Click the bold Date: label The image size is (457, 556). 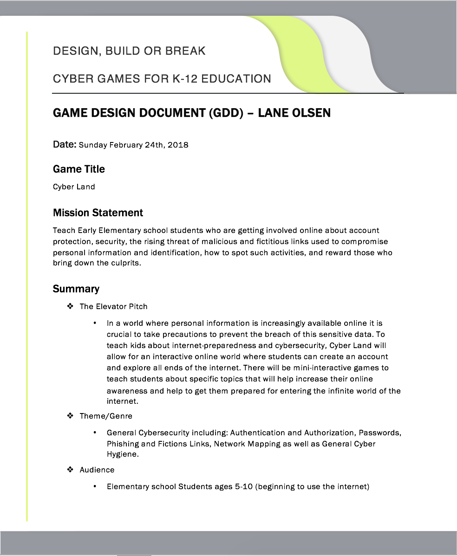(65, 144)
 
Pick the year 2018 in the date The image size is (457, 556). (178, 145)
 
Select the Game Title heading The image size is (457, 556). (79, 169)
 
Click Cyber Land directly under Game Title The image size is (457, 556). (74, 187)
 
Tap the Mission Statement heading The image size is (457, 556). (98, 213)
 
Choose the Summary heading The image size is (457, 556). (76, 289)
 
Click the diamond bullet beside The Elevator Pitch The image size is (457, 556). (71, 306)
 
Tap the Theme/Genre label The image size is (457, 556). (106, 416)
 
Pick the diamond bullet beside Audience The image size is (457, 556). (71, 470)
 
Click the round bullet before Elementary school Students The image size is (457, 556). (95, 486)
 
